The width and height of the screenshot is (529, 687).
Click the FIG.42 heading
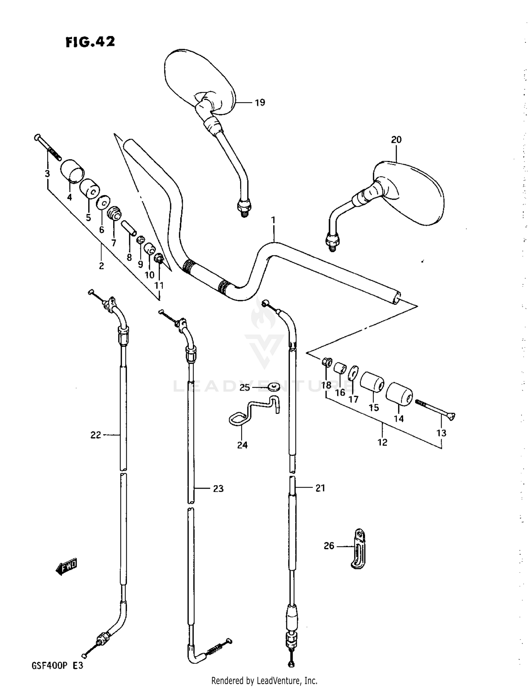pyautogui.click(x=90, y=42)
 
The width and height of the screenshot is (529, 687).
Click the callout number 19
pyautogui.click(x=260, y=103)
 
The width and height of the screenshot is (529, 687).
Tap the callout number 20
pyautogui.click(x=396, y=140)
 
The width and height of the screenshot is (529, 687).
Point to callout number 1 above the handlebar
pyautogui.click(x=273, y=221)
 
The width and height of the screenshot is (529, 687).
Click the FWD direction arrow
pyautogui.click(x=66, y=567)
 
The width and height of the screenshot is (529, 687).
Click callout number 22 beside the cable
pyautogui.click(x=96, y=435)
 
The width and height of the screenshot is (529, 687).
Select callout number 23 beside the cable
pyautogui.click(x=218, y=488)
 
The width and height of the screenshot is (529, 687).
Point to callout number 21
pyautogui.click(x=320, y=488)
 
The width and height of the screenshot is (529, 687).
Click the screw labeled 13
pyautogui.click(x=436, y=409)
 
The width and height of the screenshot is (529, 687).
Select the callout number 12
pyautogui.click(x=382, y=442)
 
